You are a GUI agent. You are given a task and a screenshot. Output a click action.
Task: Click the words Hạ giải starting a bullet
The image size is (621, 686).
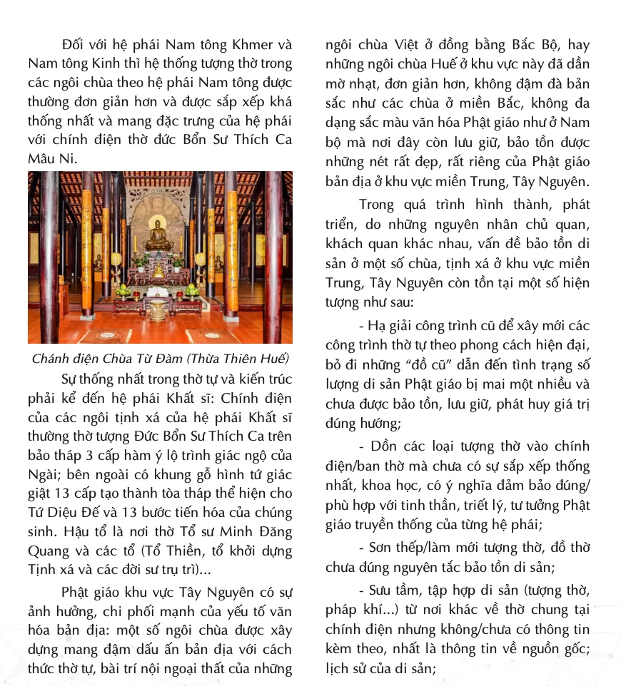392,327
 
